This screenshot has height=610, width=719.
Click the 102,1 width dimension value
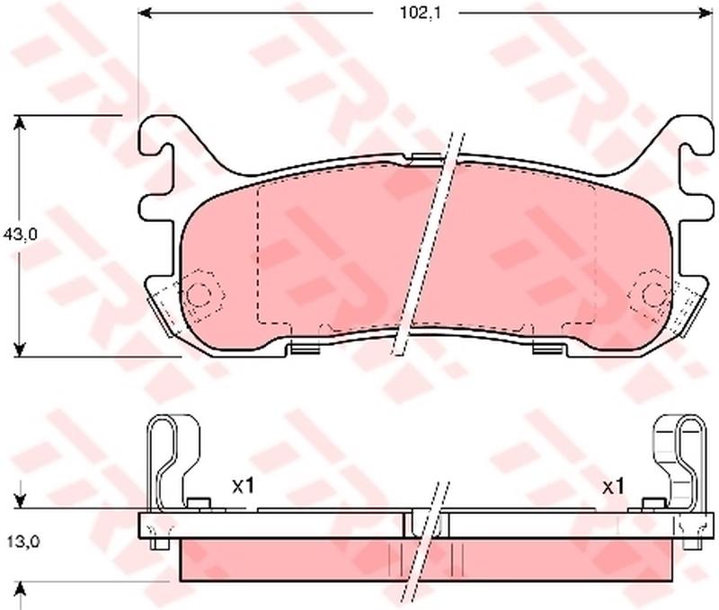coord(420,13)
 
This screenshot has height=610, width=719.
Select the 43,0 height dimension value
coord(20,234)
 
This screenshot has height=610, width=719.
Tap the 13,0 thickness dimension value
coord(23,542)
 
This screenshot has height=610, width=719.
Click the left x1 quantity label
coord(243,487)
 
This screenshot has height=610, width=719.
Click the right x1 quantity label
coord(613,487)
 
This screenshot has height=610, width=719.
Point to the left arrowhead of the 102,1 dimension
coord(145,13)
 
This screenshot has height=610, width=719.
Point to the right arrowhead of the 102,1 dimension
coord(706,13)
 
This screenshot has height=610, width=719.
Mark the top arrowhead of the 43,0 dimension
coord(19,122)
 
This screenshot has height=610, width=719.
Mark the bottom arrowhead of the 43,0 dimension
coord(19,349)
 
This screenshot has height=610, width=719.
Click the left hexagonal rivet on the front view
coord(200,295)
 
